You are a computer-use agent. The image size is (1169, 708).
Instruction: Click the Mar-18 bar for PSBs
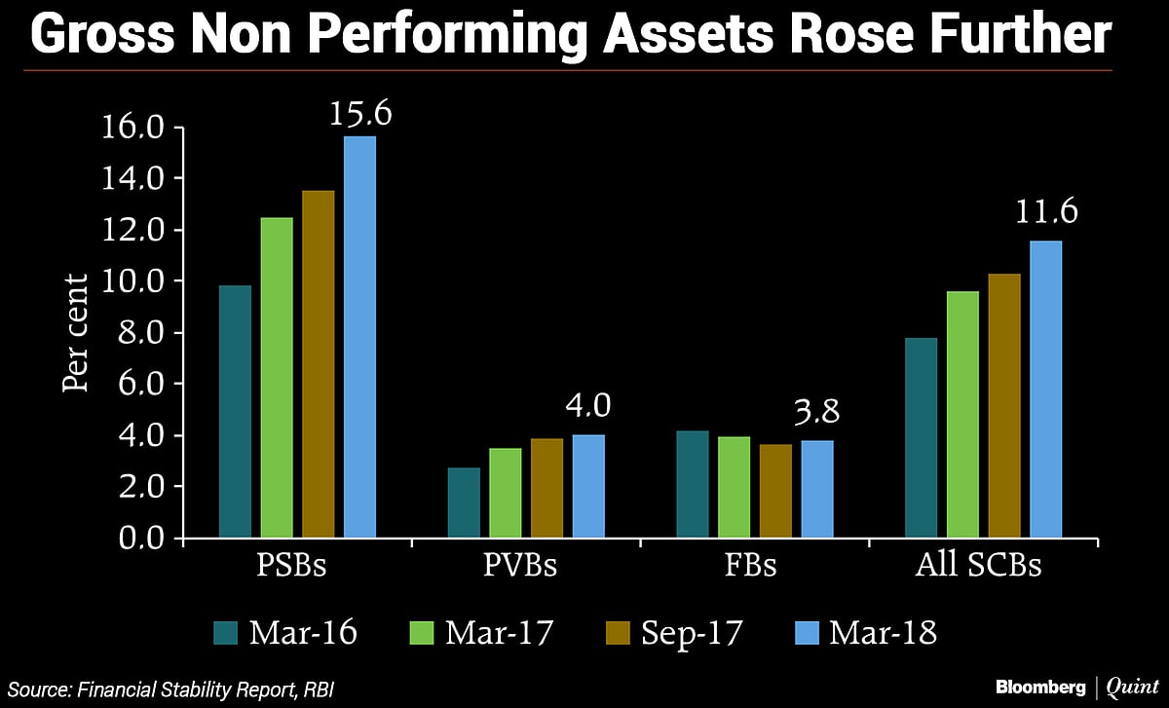(359, 337)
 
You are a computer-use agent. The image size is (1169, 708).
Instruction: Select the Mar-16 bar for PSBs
(235, 411)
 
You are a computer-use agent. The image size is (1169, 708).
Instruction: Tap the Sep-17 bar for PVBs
(547, 488)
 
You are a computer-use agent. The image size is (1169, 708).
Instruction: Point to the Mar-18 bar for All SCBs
(1045, 389)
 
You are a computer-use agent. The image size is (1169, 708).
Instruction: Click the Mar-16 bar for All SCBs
(921, 437)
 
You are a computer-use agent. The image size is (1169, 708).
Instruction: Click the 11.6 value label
(1046, 210)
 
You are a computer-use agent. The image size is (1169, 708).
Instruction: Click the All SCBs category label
(978, 566)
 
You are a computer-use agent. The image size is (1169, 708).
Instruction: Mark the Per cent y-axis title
(76, 331)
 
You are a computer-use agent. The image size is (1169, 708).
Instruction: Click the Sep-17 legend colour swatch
(616, 633)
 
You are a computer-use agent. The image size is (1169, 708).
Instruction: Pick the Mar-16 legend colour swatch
(226, 633)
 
